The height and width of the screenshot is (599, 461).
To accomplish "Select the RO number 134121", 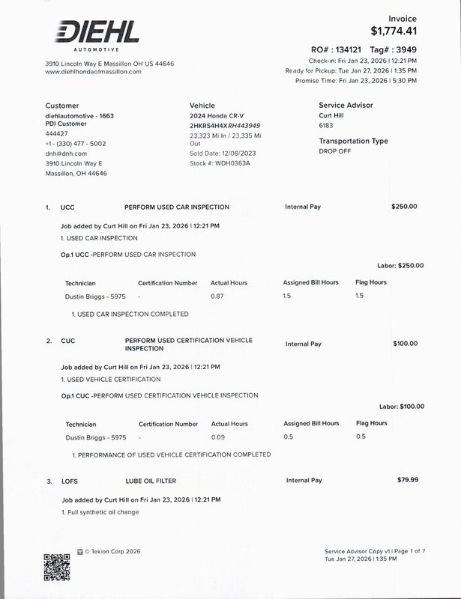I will pyautogui.click(x=344, y=49).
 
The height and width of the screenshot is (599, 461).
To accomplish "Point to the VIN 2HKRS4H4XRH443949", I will pyautogui.click(x=225, y=126).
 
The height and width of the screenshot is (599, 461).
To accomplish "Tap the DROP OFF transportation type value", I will pyautogui.click(x=335, y=151).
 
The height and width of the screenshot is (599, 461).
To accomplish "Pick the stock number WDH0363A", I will pyautogui.click(x=230, y=162).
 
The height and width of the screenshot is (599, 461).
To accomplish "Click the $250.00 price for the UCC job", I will pyautogui.click(x=404, y=207).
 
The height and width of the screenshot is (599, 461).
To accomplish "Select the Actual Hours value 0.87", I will pyautogui.click(x=217, y=297).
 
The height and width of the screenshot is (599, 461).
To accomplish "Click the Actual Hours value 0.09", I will pyautogui.click(x=218, y=437).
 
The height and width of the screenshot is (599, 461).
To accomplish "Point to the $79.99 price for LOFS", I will pyautogui.click(x=408, y=480).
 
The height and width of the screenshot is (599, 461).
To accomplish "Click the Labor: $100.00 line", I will pyautogui.click(x=401, y=407).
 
